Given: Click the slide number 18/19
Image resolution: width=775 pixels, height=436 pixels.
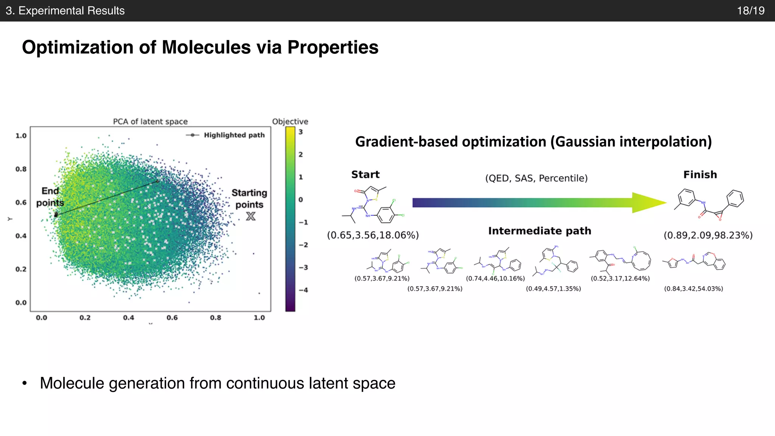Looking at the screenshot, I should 750,11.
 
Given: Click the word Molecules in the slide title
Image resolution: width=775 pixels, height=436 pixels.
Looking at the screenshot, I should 206,48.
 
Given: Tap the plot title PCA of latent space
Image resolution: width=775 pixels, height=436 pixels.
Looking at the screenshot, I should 150,121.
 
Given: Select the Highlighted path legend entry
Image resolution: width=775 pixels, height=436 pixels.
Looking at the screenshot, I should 226,135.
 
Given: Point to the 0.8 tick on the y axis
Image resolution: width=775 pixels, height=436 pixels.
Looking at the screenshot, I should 21,169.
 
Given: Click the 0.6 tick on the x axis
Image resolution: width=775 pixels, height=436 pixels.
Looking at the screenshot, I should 172,318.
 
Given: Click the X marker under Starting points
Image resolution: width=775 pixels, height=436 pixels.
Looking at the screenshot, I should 251,216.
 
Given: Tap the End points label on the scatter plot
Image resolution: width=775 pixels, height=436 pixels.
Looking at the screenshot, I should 50,197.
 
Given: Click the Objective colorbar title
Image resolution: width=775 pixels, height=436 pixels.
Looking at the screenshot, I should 290,121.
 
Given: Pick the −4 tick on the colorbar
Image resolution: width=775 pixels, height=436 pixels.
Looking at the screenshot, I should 303,290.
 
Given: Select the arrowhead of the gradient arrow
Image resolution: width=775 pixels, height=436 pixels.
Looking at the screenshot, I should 647,203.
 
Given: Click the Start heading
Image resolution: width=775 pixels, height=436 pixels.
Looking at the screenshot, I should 365,174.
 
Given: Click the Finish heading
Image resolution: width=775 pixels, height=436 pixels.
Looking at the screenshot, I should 700,174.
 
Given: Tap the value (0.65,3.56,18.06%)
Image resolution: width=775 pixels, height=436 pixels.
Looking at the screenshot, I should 373,235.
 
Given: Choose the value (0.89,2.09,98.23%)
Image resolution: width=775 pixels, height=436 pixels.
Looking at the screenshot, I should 708,235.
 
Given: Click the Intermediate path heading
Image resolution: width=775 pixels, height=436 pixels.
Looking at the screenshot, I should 539,231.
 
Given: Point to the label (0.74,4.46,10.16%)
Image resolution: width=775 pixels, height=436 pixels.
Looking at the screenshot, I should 495,279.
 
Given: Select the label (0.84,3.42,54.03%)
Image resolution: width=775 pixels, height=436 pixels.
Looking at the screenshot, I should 693,289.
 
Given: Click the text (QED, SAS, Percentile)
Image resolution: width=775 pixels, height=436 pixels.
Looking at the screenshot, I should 536,178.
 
